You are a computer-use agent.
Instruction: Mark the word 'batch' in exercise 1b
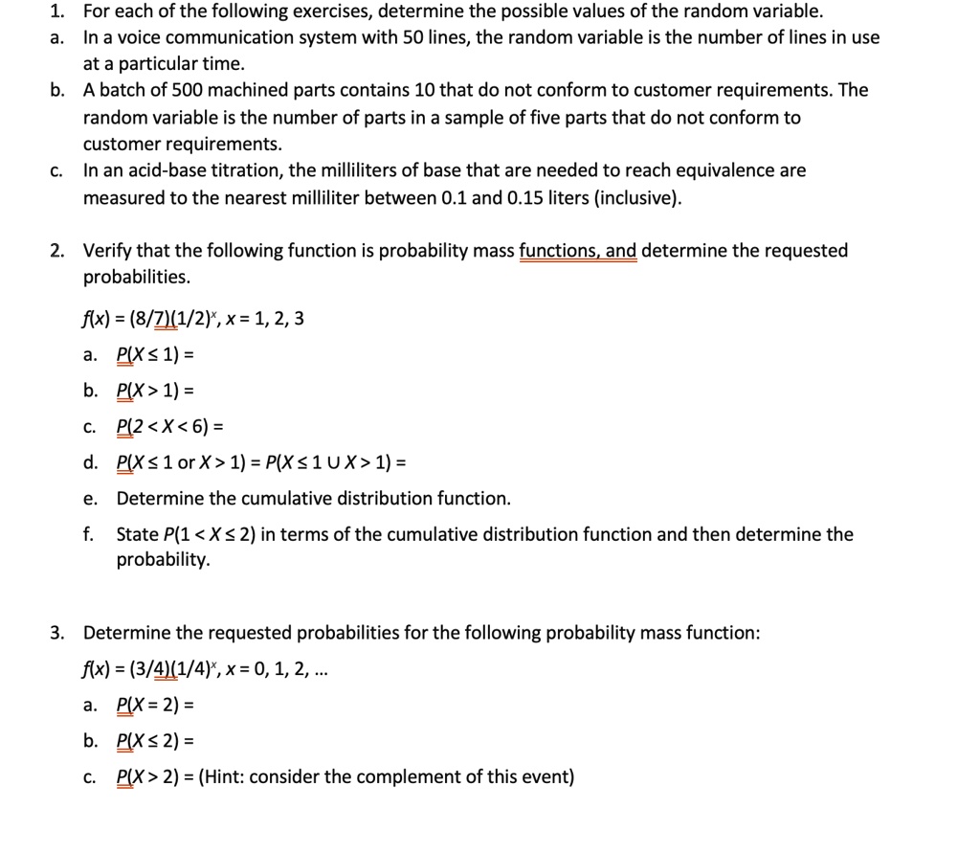tap(122, 90)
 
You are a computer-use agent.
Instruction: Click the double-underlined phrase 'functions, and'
tap(578, 251)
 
